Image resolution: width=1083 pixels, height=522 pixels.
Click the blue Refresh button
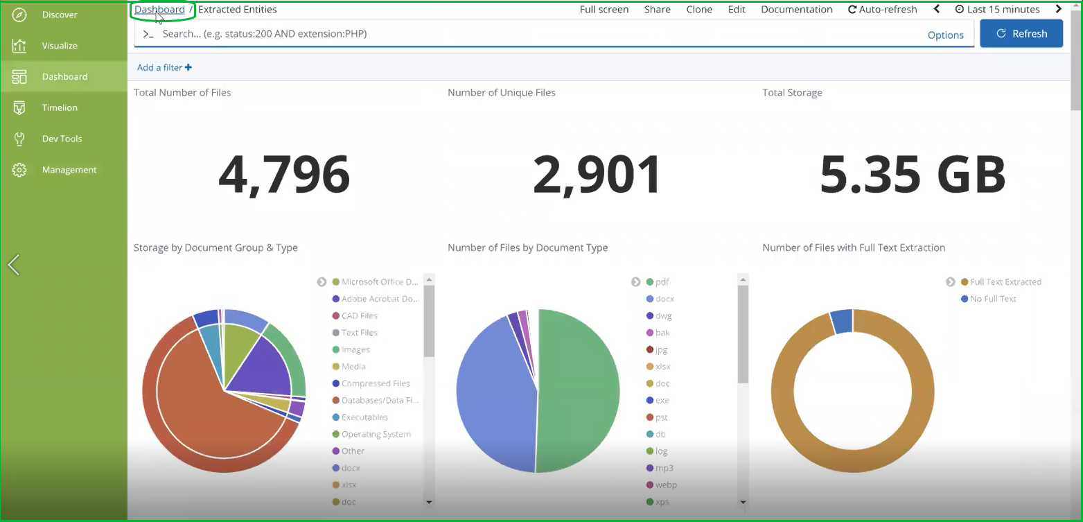click(1021, 33)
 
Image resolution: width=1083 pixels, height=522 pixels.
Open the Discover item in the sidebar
click(60, 15)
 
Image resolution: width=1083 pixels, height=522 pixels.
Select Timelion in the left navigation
click(60, 107)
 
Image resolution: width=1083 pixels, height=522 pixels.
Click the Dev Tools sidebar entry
click(62, 139)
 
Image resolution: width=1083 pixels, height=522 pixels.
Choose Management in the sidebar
click(69, 170)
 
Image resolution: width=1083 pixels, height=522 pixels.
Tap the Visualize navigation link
click(60, 46)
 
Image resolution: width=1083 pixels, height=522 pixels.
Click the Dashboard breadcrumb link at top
click(159, 10)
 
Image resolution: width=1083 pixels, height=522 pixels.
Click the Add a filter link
click(164, 67)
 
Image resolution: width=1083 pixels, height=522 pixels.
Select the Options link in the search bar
click(945, 35)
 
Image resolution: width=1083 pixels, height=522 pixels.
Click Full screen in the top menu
click(604, 10)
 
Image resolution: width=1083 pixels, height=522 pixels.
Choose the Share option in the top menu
click(657, 10)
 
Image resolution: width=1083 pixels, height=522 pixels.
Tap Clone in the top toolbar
click(699, 10)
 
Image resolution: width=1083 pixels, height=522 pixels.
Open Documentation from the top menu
click(796, 10)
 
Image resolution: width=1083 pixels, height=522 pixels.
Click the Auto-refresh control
click(882, 10)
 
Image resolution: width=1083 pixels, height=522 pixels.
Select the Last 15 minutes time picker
click(997, 10)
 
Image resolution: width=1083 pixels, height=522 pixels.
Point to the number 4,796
click(284, 175)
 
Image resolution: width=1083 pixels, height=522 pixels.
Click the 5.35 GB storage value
click(913, 175)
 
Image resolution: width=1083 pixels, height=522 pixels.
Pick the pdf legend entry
click(662, 282)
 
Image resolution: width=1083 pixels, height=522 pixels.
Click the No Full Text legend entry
click(992, 299)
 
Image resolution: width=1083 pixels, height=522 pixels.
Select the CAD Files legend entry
click(359, 316)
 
